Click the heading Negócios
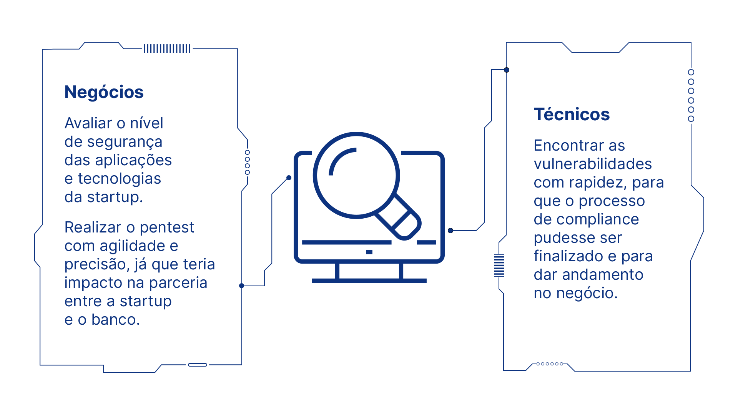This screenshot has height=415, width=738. point(104,93)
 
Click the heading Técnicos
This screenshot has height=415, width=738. point(572,114)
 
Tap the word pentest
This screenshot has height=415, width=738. point(167,227)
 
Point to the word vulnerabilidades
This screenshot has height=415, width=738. point(593,164)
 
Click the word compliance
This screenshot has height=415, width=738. point(598,220)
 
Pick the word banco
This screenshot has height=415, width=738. point(115,319)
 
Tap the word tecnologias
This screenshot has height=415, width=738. point(119,179)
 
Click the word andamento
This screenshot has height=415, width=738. point(602,275)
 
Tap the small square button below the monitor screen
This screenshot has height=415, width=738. point(369,252)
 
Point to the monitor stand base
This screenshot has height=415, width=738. point(369,281)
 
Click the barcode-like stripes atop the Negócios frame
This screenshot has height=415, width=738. point(167,49)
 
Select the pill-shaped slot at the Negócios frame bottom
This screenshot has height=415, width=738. point(198,365)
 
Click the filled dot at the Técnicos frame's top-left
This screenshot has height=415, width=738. point(507,70)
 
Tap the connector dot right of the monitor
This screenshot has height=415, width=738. point(450,231)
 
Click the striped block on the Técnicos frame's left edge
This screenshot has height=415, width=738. point(499,266)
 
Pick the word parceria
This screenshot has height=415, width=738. point(178,283)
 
